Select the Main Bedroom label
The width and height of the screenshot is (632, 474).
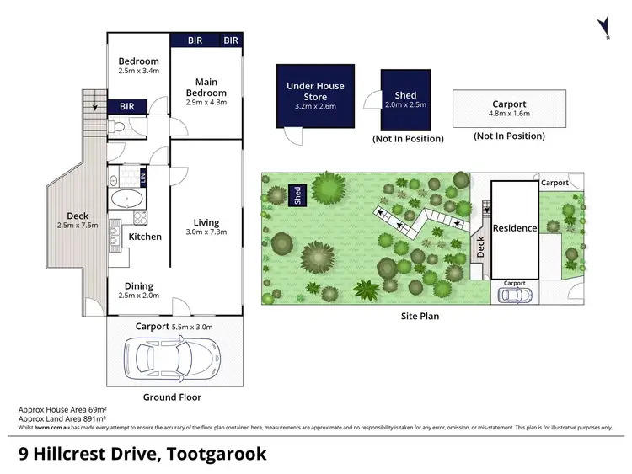coord(206,87)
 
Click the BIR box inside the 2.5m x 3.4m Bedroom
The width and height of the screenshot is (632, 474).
coord(127,106)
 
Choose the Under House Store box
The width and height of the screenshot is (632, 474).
coord(315,96)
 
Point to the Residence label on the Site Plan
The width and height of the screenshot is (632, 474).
coord(514,228)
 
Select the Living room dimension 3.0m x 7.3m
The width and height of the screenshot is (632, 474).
coord(206,232)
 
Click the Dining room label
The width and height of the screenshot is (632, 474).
coord(139,285)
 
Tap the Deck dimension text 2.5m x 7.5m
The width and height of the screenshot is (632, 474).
coord(77,226)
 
